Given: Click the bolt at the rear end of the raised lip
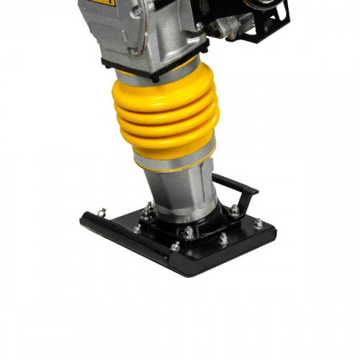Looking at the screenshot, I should pyautogui.click(x=102, y=212).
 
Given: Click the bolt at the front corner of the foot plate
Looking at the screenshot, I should pyautogui.click(x=175, y=247).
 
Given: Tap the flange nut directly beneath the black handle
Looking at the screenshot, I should pyautogui.click(x=235, y=210).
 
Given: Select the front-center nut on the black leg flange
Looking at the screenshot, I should pyautogui.click(x=189, y=232).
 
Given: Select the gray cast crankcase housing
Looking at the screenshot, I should pyautogui.click(x=144, y=32).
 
